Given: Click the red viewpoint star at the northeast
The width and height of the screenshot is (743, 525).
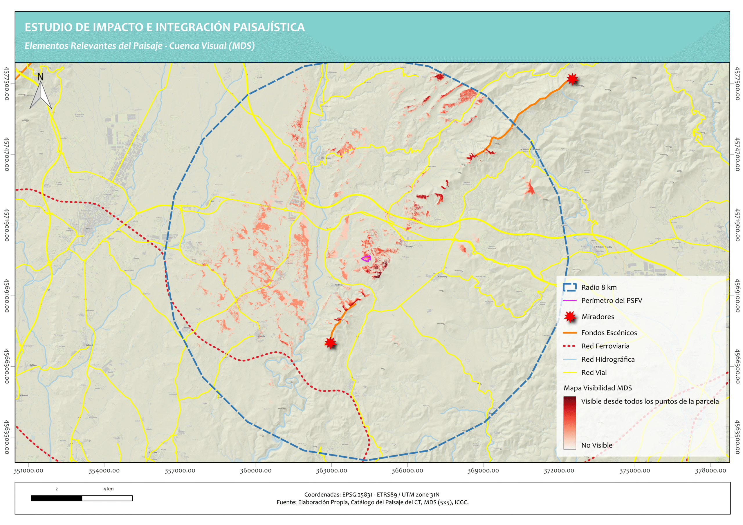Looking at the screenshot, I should pyautogui.click(x=572, y=79).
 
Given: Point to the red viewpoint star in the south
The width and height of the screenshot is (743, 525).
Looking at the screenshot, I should pyautogui.click(x=330, y=343).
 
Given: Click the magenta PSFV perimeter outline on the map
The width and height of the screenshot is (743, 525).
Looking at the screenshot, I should pyautogui.click(x=366, y=258).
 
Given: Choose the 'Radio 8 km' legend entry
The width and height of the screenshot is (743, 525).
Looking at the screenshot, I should pyautogui.click(x=599, y=287).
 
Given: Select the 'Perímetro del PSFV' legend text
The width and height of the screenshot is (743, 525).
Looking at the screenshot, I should pyautogui.click(x=611, y=300).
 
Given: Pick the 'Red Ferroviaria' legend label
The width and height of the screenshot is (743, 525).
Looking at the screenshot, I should pyautogui.click(x=605, y=346).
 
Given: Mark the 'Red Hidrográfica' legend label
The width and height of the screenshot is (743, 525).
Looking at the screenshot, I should pyautogui.click(x=608, y=359).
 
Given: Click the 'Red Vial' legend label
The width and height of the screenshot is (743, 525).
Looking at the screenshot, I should pyautogui.click(x=594, y=373).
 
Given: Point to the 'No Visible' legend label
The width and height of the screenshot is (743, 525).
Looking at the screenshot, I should pyautogui.click(x=597, y=445).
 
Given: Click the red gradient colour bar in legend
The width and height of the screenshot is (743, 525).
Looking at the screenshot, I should pyautogui.click(x=569, y=422).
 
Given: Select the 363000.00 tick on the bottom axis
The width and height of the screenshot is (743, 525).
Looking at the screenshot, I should pyautogui.click(x=331, y=471).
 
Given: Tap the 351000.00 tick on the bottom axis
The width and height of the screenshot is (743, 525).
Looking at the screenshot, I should pyautogui.click(x=28, y=471).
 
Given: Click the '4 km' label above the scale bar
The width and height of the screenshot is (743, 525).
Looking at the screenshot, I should pyautogui.click(x=109, y=489).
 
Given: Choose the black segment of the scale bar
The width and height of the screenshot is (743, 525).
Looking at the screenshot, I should pyautogui.click(x=57, y=498).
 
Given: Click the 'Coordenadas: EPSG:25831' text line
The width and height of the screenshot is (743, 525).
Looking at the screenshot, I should pyautogui.click(x=372, y=495).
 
